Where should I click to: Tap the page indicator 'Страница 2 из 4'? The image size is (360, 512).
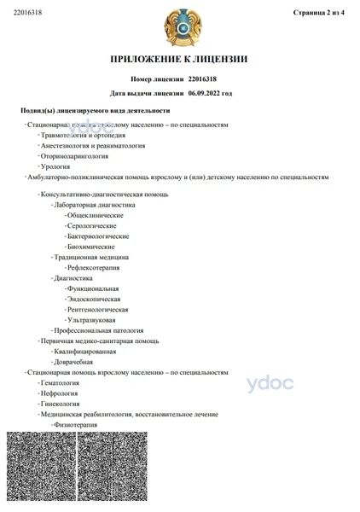[x=318, y=12]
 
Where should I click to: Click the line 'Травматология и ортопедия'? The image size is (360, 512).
[x=83, y=135]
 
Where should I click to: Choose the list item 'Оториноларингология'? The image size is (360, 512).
[x=74, y=156]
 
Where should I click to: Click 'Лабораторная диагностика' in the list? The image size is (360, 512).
[x=94, y=205]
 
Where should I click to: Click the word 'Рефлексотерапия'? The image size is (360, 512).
[x=93, y=266]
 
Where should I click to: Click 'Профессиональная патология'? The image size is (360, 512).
[x=98, y=329]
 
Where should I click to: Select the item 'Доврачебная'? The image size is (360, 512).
[x=73, y=362]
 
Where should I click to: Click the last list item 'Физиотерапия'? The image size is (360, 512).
[x=76, y=424]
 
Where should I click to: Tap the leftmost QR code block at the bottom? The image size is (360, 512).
[x=40, y=467]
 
